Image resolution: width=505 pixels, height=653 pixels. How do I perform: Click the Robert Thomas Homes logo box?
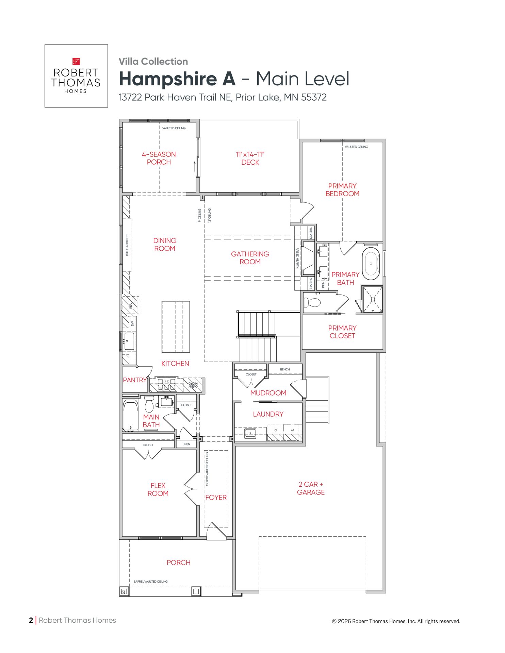tap(76, 76)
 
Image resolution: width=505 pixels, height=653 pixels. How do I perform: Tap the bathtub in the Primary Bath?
tap(371, 264)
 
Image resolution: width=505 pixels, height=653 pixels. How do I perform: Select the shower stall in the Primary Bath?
tap(373, 299)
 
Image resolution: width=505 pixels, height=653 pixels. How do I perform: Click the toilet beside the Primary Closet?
tap(312, 302)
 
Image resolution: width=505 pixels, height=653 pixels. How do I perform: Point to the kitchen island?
tap(176, 326)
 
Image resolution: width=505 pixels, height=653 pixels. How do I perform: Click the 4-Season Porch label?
tap(159, 158)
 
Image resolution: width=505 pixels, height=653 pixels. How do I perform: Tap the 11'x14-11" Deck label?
tap(250, 158)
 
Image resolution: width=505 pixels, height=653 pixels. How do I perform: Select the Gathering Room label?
tap(250, 258)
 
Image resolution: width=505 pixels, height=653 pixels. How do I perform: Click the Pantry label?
tap(135, 380)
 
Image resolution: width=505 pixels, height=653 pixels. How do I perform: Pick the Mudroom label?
tap(268, 393)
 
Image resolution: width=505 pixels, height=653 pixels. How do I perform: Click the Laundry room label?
tap(268, 414)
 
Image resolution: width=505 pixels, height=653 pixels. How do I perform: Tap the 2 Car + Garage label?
tap(311, 488)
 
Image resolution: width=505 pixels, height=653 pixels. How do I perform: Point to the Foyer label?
tap(216, 497)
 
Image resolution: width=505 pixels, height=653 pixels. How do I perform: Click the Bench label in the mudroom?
tap(285, 369)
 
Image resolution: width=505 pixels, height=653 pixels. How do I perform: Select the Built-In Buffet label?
tap(127, 245)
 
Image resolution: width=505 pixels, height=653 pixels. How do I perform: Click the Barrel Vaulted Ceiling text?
tap(150, 582)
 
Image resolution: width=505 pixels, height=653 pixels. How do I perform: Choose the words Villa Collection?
tap(153, 62)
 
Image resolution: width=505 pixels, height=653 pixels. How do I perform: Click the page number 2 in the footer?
tap(31, 620)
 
